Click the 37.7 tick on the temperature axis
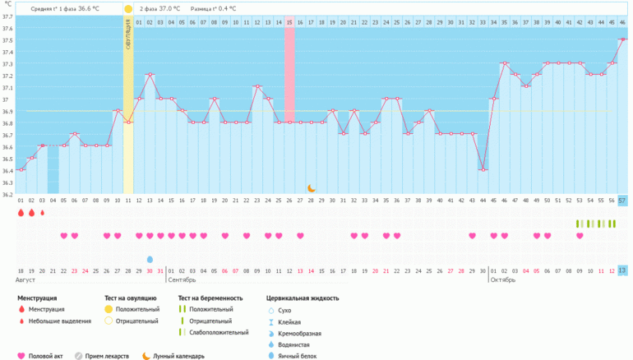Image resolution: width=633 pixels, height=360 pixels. [7, 16]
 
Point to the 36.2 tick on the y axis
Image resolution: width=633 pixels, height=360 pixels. [7, 195]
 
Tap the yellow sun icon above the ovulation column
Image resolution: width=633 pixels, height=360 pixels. [128, 9]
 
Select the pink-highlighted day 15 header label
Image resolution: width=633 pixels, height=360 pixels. [289, 21]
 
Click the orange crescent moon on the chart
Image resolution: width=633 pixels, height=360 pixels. [312, 188]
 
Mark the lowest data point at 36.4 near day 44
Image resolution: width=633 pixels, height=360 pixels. [483, 170]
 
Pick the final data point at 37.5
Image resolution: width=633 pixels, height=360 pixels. [622, 39]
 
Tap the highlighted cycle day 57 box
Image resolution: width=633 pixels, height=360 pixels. [622, 200]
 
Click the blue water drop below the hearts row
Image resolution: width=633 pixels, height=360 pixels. [150, 259]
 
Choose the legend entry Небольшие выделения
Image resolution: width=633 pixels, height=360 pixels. [59, 321]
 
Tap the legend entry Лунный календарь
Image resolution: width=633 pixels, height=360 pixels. [178, 356]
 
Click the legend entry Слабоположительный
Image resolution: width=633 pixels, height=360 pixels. [219, 332]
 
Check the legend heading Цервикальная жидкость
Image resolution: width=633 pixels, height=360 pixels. [303, 298]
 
